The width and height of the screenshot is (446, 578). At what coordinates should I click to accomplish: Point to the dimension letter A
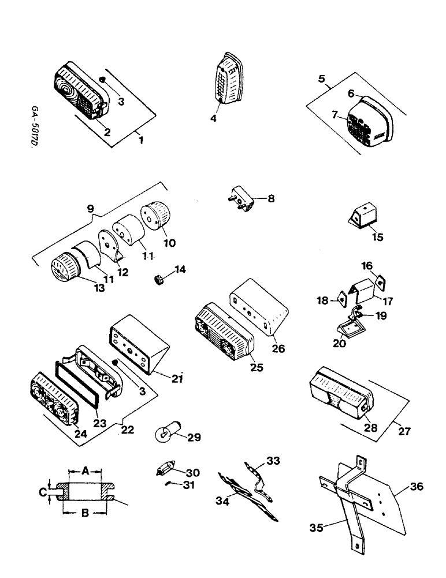click(85, 472)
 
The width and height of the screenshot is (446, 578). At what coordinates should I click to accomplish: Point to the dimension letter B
click(85, 512)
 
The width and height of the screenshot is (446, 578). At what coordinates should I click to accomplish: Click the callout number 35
click(317, 528)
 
